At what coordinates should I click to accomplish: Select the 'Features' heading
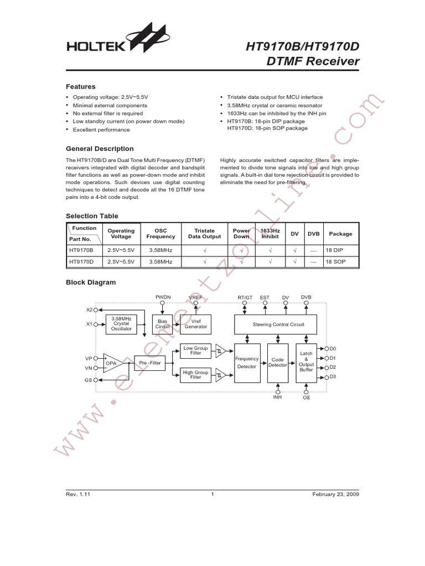[x=81, y=87]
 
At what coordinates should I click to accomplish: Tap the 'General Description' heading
[x=100, y=149]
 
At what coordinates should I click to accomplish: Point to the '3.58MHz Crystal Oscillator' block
[x=121, y=323]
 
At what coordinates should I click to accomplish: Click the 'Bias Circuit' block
[x=162, y=323]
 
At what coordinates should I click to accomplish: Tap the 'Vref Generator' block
[x=195, y=323]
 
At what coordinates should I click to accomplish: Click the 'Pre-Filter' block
[x=151, y=363]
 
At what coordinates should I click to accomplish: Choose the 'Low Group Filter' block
[x=195, y=350]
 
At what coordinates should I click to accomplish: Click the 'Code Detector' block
[x=278, y=362]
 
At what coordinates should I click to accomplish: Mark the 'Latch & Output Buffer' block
[x=306, y=362]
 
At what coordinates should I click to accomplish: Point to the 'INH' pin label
[x=277, y=397]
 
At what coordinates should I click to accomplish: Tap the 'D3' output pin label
[x=333, y=377]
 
